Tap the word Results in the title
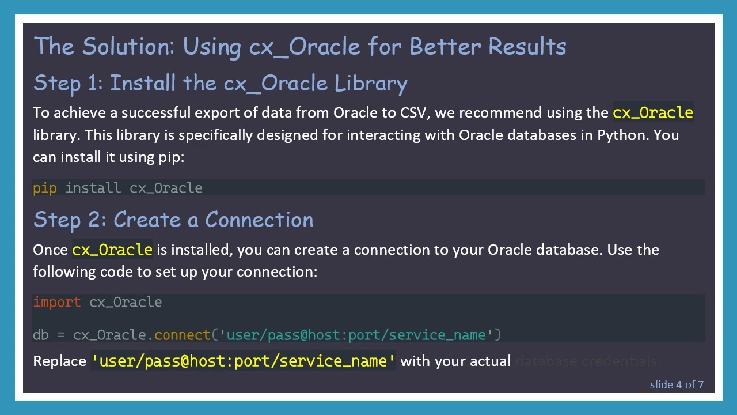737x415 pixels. (x=527, y=46)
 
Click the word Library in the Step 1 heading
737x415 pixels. (x=371, y=84)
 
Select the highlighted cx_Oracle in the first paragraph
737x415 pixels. (x=652, y=112)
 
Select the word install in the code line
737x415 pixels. (x=93, y=188)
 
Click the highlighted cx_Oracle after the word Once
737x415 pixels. (x=112, y=250)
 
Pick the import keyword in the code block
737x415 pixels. (x=56, y=302)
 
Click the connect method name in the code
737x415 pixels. (x=183, y=335)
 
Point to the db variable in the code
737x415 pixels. (x=40, y=335)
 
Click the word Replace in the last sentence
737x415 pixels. (x=59, y=361)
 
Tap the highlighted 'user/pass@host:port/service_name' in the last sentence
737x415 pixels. (x=244, y=361)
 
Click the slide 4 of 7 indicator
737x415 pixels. (x=677, y=384)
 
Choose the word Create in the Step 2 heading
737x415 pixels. (x=147, y=220)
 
